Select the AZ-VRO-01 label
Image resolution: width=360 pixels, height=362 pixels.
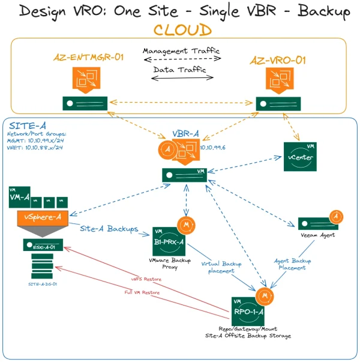(278, 60)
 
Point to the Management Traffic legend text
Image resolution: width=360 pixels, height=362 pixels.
(182, 51)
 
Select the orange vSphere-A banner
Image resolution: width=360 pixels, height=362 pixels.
(43, 216)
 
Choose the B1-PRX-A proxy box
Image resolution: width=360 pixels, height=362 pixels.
(169, 241)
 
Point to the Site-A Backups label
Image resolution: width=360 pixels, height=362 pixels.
(110, 229)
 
